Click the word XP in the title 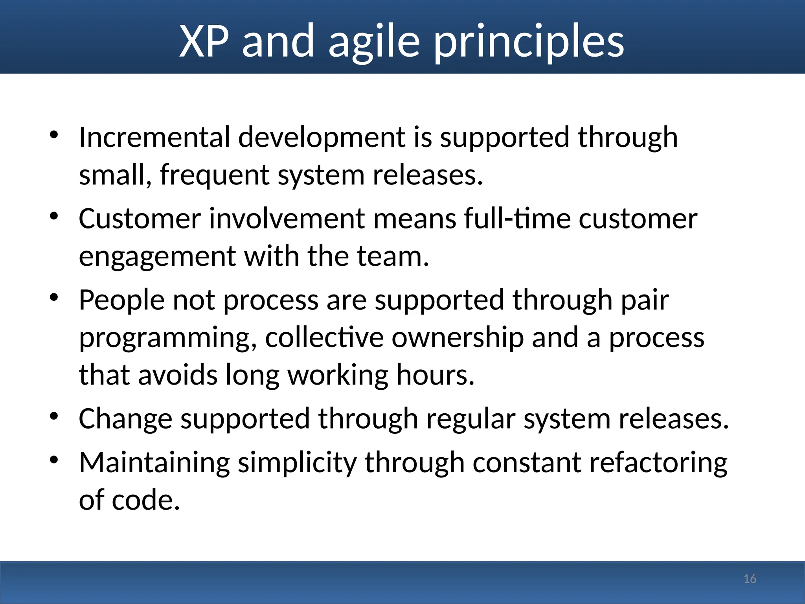[x=204, y=41]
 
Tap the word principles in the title [x=529, y=42]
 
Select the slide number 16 [x=750, y=579]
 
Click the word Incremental [x=154, y=137]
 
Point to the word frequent [x=215, y=175]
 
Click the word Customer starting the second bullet [x=140, y=219]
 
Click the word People [x=121, y=300]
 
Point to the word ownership [x=458, y=337]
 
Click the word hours [x=435, y=375]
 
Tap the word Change [x=125, y=419]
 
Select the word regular [x=471, y=419]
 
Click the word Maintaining [x=154, y=462]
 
